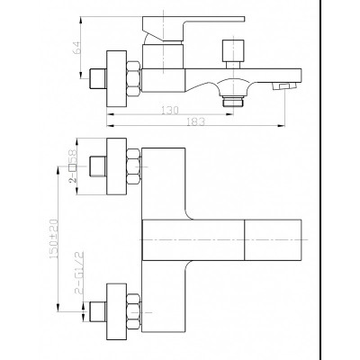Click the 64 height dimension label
pos(77,48)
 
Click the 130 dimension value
pos(170,110)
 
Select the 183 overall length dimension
pos(195,121)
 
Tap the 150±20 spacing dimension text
pos(54,238)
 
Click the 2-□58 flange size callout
pos(73,166)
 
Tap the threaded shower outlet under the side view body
pos(233,102)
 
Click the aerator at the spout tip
pos(284,86)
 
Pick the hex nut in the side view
pos(133,79)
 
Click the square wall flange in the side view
pos(117,79)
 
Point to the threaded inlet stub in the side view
pos(98,78)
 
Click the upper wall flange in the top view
pos(117,166)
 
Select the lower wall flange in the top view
pos(117,312)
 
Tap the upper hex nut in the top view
pos(133,166)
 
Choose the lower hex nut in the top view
pos(133,312)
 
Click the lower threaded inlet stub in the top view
pos(98,312)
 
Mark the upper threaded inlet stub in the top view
pos(98,166)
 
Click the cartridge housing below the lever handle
pos(163,57)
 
